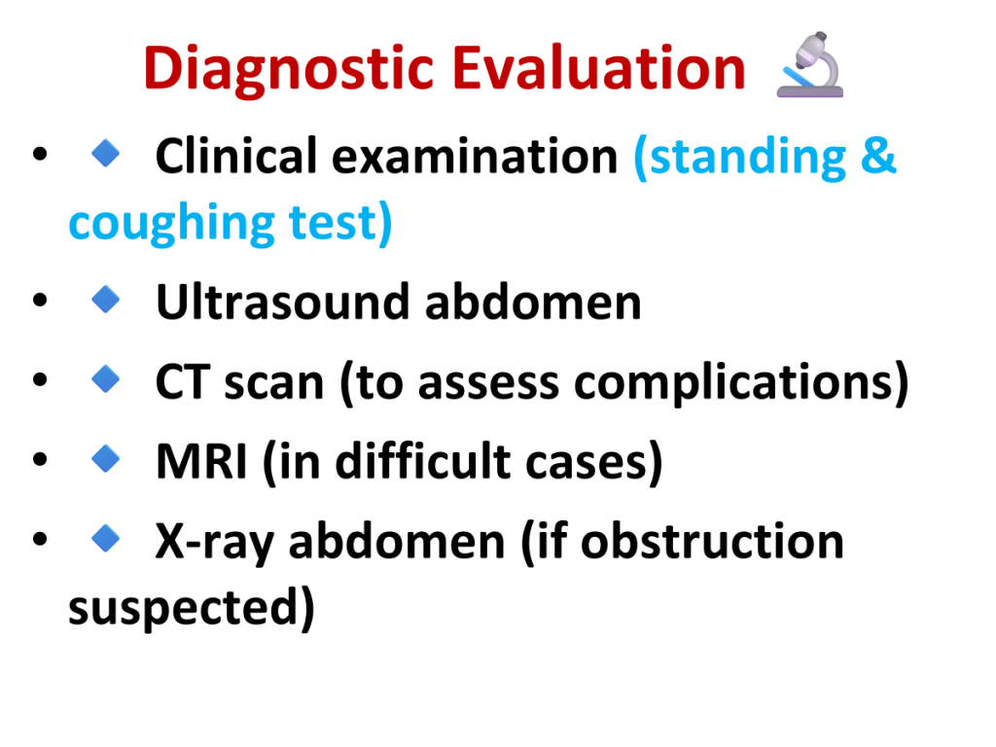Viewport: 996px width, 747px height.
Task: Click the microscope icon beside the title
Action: (810, 65)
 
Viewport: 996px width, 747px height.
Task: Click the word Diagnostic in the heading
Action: (289, 70)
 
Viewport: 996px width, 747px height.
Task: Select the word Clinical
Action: (235, 156)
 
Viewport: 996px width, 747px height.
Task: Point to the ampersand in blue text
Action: (878, 156)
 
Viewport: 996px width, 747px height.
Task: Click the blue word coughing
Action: (171, 224)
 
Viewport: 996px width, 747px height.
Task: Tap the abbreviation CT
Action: (182, 382)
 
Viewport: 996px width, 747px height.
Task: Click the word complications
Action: (733, 383)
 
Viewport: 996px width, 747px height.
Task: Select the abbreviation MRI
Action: (201, 461)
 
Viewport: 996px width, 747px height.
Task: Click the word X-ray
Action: (215, 543)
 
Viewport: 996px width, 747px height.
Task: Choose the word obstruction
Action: (712, 541)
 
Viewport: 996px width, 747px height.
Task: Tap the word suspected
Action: (183, 609)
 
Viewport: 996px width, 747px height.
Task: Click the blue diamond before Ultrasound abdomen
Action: (105, 300)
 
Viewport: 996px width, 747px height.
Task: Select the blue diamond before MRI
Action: (105, 459)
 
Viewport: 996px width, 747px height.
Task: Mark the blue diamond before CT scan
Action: (105, 378)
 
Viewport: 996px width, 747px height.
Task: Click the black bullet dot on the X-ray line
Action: (40, 539)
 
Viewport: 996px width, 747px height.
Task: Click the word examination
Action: (475, 156)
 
